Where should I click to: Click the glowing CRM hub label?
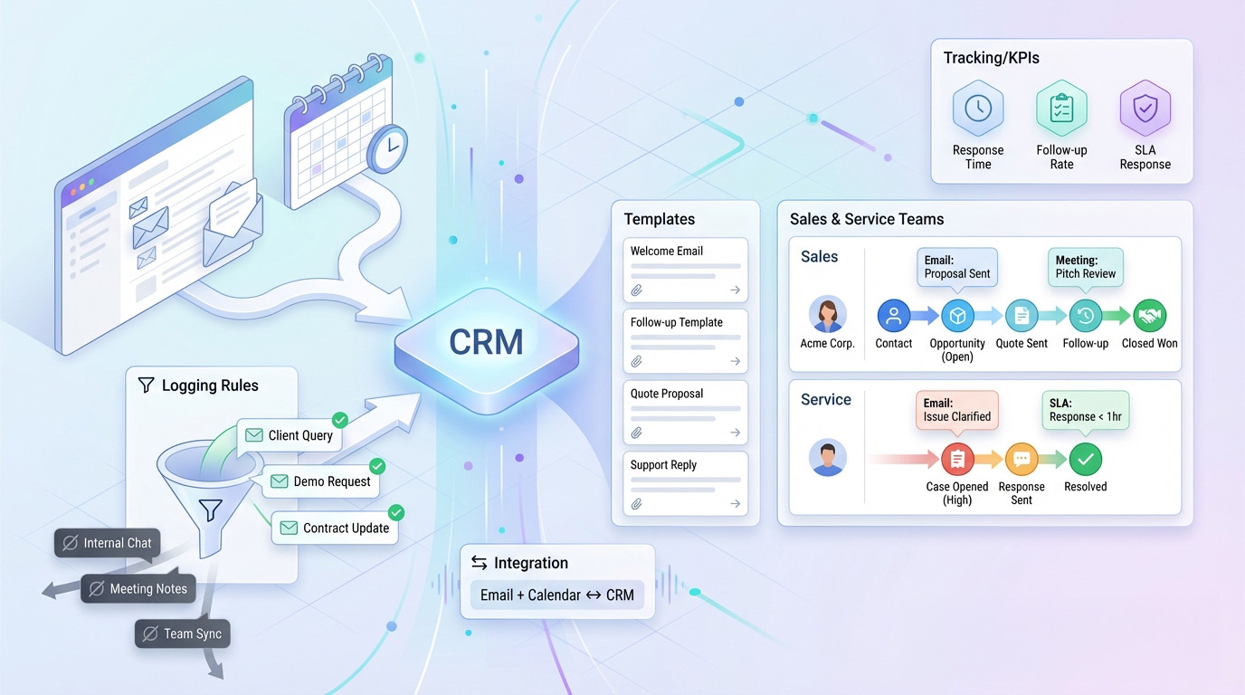[x=487, y=342]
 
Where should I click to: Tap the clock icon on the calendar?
[x=387, y=148]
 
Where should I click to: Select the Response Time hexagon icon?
[x=978, y=109]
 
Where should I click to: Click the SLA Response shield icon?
[x=1145, y=109]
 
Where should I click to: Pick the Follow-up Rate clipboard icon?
[x=1061, y=109]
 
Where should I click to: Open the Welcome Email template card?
[x=686, y=269]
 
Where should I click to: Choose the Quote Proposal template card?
[x=686, y=412]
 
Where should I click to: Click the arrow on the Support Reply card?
[x=736, y=504]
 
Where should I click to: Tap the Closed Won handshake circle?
[x=1149, y=316]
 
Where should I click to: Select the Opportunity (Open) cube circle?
[x=957, y=316]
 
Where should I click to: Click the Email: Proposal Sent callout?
[x=957, y=267]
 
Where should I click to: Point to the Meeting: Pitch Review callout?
[x=1085, y=267]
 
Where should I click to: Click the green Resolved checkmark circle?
[x=1085, y=460]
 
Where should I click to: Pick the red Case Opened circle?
[x=957, y=460]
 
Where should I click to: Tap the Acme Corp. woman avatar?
[x=827, y=315]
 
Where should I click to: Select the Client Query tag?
[x=290, y=435]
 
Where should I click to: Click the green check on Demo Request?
[x=377, y=466]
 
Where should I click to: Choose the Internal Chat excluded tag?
[x=108, y=543]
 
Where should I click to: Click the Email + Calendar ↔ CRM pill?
[x=556, y=595]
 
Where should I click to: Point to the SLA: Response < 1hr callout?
[x=1085, y=410]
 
